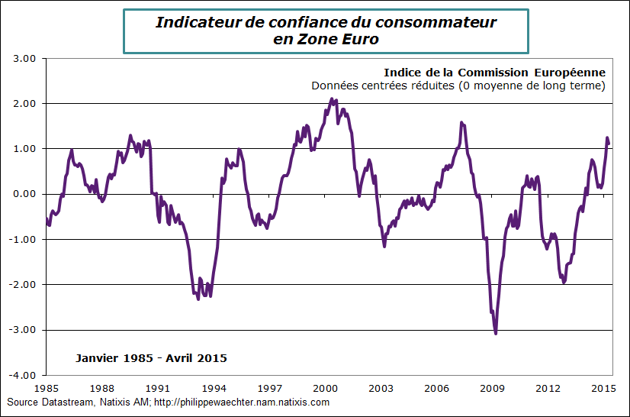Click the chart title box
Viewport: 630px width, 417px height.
(x=326, y=31)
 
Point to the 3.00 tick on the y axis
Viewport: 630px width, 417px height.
(x=26, y=58)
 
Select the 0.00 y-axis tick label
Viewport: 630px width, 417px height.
(x=26, y=194)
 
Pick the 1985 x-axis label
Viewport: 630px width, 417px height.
(x=47, y=387)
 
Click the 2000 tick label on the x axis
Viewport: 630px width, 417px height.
(x=326, y=387)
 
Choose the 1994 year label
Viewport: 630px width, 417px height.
(x=214, y=387)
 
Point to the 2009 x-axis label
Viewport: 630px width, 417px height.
(x=494, y=387)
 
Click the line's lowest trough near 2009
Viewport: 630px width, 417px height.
(x=496, y=333)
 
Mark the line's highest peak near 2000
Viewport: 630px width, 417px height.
(x=332, y=99)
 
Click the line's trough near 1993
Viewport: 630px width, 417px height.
(x=198, y=299)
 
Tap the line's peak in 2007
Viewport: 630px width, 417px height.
(x=461, y=122)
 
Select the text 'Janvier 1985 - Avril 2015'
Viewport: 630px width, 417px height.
(x=151, y=358)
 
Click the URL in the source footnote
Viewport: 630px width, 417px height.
(x=240, y=402)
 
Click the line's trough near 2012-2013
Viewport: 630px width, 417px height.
(x=564, y=283)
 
